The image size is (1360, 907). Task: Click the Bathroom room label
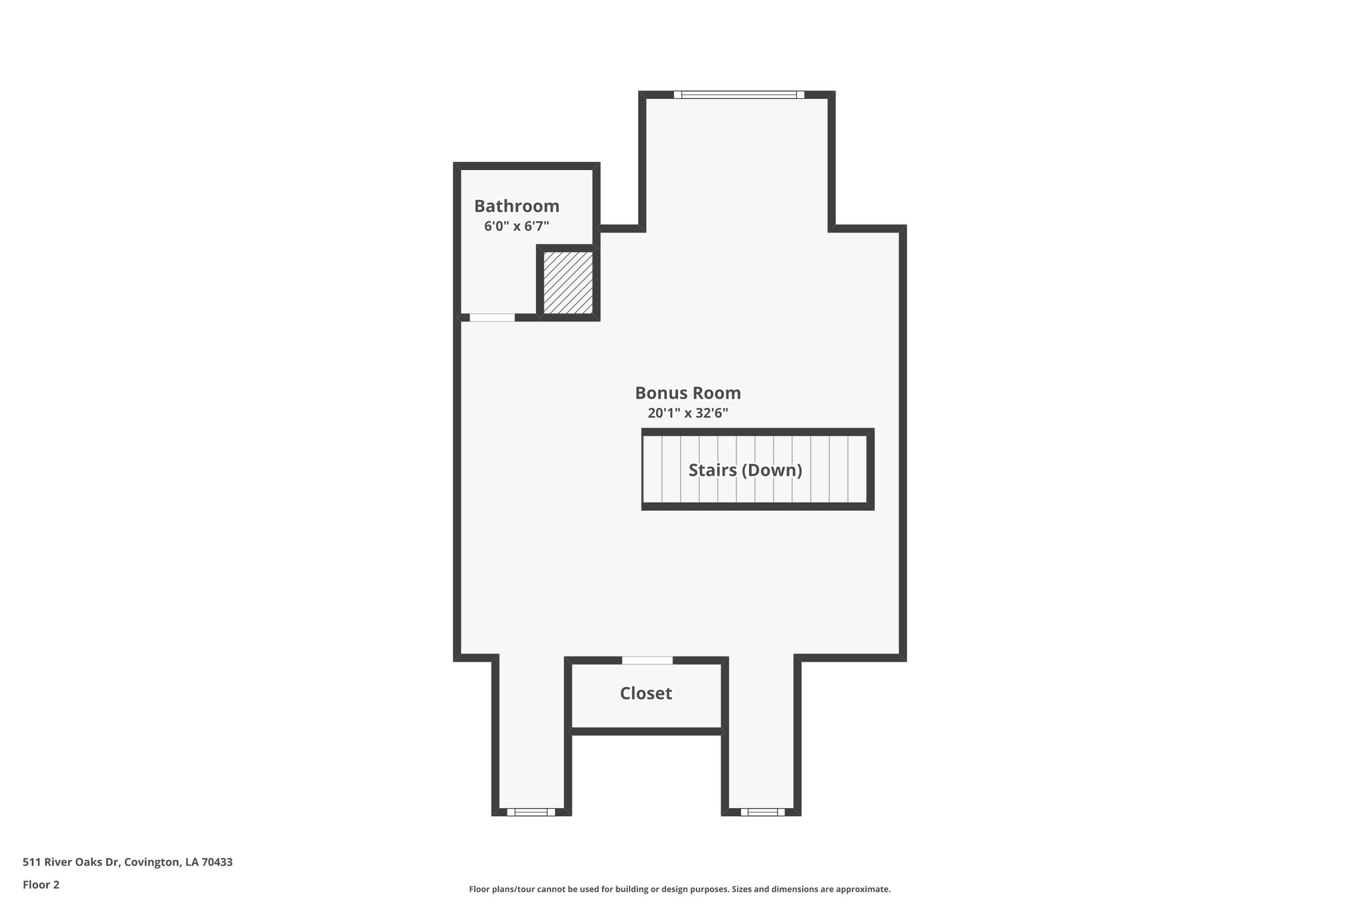click(x=517, y=206)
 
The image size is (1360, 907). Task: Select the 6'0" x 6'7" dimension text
click(x=517, y=227)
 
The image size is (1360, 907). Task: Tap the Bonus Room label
click(x=688, y=393)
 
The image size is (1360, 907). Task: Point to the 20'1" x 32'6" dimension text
click(x=688, y=413)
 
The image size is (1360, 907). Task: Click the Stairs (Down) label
click(x=745, y=470)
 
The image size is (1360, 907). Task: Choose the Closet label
click(x=645, y=694)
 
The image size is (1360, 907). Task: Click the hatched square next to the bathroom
click(x=568, y=282)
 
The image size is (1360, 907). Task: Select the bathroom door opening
click(x=492, y=318)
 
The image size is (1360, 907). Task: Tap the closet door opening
click(x=647, y=660)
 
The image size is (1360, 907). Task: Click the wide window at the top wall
click(x=738, y=95)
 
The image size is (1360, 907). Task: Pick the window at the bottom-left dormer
click(x=531, y=812)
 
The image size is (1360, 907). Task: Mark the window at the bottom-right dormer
click(x=762, y=812)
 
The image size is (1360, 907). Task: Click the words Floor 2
click(x=41, y=884)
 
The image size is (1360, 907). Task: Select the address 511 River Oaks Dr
click(x=71, y=862)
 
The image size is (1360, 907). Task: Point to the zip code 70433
click(x=217, y=862)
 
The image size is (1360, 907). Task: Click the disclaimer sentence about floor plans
click(x=679, y=889)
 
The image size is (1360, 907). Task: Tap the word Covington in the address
click(x=152, y=862)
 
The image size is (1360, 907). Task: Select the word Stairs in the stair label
click(x=713, y=470)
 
